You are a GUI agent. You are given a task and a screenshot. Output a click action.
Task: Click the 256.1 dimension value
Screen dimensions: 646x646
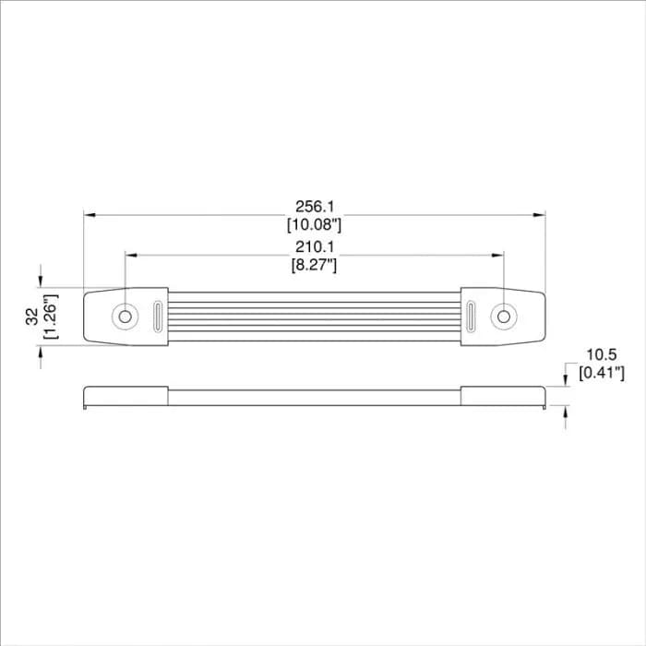[315, 207]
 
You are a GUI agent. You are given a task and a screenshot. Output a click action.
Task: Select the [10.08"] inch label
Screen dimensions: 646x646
[315, 224]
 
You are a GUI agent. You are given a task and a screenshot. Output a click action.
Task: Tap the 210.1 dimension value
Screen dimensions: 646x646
[315, 246]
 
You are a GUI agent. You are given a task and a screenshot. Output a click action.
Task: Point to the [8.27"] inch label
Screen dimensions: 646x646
[315, 265]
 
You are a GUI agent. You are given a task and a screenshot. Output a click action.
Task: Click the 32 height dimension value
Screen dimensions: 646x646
[32, 317]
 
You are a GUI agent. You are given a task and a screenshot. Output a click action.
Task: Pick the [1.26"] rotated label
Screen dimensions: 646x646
[51, 317]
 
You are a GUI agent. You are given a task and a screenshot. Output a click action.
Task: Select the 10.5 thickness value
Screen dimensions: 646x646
[602, 354]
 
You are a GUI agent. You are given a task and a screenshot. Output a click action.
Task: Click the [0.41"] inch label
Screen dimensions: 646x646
[602, 373]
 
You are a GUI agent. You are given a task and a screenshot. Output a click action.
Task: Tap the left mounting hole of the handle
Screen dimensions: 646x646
[125, 317]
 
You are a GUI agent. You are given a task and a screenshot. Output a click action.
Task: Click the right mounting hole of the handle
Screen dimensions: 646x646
[504, 317]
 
